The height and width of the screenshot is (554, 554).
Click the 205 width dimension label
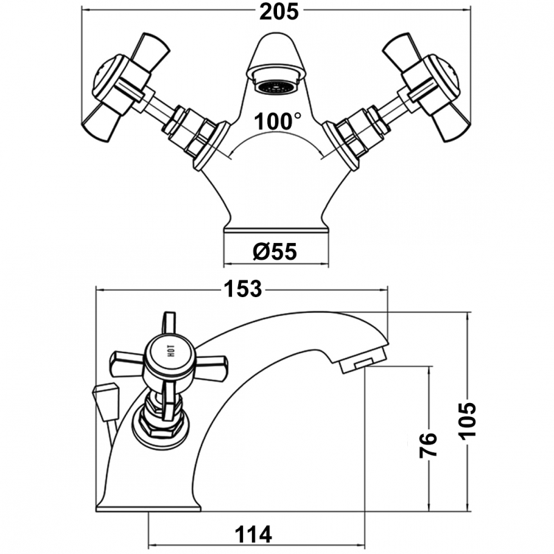click(279, 12)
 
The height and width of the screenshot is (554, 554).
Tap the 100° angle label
click(278, 121)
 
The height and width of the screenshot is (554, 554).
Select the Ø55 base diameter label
click(275, 252)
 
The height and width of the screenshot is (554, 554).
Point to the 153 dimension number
click(243, 289)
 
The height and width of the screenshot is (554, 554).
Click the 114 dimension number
click(253, 535)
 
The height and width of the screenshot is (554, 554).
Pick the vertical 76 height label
click(428, 445)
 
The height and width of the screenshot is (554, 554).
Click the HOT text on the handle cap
click(171, 351)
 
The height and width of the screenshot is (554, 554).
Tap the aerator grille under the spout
click(276, 87)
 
